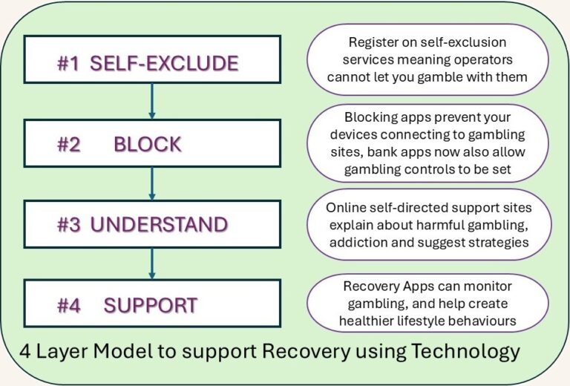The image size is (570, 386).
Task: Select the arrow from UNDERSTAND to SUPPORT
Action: coord(151,264)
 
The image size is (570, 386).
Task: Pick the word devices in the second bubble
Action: coord(359,134)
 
